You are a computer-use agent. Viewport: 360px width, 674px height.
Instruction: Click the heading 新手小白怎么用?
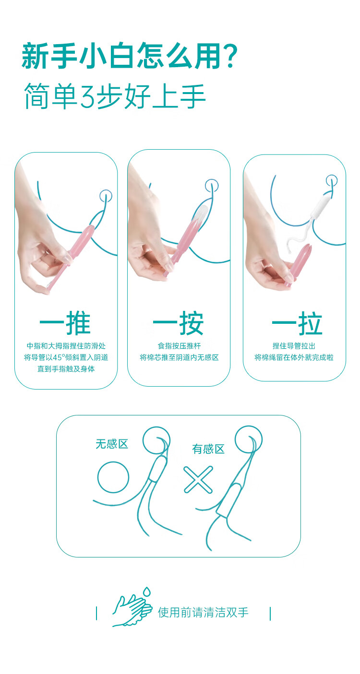(x=130, y=56)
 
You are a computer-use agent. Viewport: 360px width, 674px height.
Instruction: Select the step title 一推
(x=65, y=323)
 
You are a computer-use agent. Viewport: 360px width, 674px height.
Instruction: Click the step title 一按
(x=178, y=323)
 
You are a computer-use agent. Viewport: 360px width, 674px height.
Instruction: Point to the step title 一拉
(x=297, y=323)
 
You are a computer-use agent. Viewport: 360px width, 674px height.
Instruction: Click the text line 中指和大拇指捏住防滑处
(x=66, y=346)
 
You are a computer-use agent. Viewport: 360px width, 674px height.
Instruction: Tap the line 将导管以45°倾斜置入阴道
(x=66, y=357)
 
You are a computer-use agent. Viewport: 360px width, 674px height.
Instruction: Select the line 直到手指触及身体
(x=66, y=369)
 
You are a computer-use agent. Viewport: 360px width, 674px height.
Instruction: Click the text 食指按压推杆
(x=179, y=346)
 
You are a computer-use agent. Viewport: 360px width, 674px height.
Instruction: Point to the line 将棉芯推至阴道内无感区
(x=179, y=357)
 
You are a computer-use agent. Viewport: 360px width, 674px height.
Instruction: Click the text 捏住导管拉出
(x=294, y=346)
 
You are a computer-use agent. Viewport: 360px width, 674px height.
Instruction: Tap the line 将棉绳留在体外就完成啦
(x=294, y=357)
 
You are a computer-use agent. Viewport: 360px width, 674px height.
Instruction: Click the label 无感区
(x=112, y=444)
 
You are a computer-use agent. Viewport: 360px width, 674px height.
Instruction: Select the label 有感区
(x=208, y=449)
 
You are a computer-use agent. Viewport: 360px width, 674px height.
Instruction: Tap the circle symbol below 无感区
(x=113, y=461)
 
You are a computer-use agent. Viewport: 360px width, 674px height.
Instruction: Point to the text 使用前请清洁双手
(x=203, y=612)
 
